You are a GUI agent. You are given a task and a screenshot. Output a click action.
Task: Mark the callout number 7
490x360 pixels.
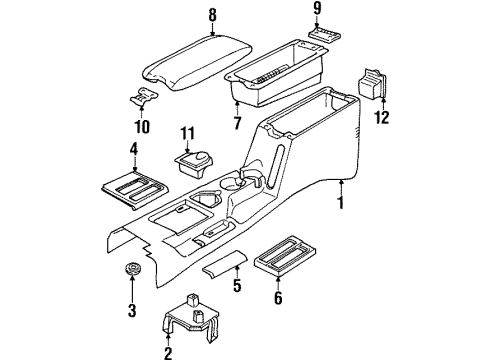coord(237,122)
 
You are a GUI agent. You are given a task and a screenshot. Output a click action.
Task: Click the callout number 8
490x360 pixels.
coord(211,15)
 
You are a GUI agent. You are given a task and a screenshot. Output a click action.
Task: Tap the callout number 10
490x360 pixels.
coord(141,127)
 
